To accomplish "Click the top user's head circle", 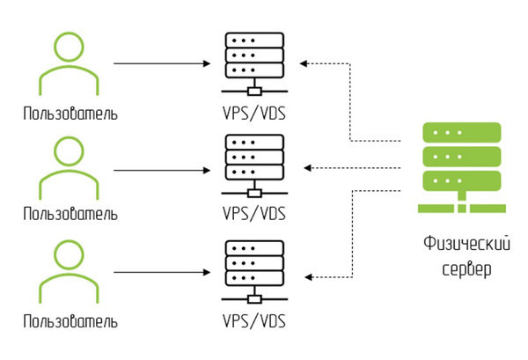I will pos(70,48).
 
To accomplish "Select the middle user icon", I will pos(70,167).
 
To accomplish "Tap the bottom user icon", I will pos(70,268).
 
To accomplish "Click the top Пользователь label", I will pos(70,114).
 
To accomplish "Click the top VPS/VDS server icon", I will pos(253,62).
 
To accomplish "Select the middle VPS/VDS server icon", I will pos(253,165).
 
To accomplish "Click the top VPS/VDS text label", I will pos(253,114).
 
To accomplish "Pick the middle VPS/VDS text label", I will pos(253,214).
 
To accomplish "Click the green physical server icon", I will pos(462,167).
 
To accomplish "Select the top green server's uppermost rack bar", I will pos(462,132).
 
